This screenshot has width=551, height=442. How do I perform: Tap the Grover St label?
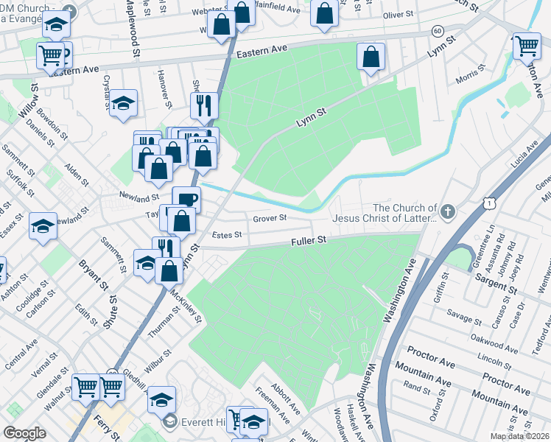pyautogui.click(x=268, y=219)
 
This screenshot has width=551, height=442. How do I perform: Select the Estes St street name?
pyautogui.click(x=227, y=235)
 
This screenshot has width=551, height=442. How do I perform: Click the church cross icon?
pyautogui.click(x=448, y=213)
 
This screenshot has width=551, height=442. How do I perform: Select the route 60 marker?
pyautogui.click(x=438, y=31)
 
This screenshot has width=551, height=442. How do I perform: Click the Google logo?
pyautogui.click(x=24, y=432)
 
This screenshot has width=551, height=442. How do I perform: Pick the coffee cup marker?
pyautogui.click(x=186, y=199)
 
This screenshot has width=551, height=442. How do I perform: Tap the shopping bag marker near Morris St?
pyautogui.click(x=372, y=57)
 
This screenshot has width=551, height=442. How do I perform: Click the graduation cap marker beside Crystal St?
pyautogui.click(x=123, y=103)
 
